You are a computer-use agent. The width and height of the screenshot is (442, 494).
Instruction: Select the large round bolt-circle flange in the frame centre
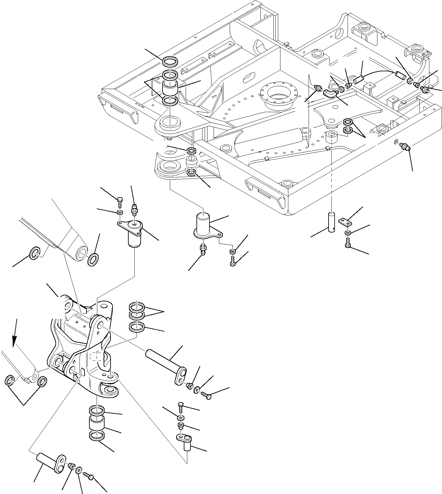pos(278,93)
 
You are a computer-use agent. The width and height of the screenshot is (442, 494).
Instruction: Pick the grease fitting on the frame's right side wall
pos(405,147)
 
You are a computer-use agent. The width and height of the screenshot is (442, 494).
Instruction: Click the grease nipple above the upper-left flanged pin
pos(134,209)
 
